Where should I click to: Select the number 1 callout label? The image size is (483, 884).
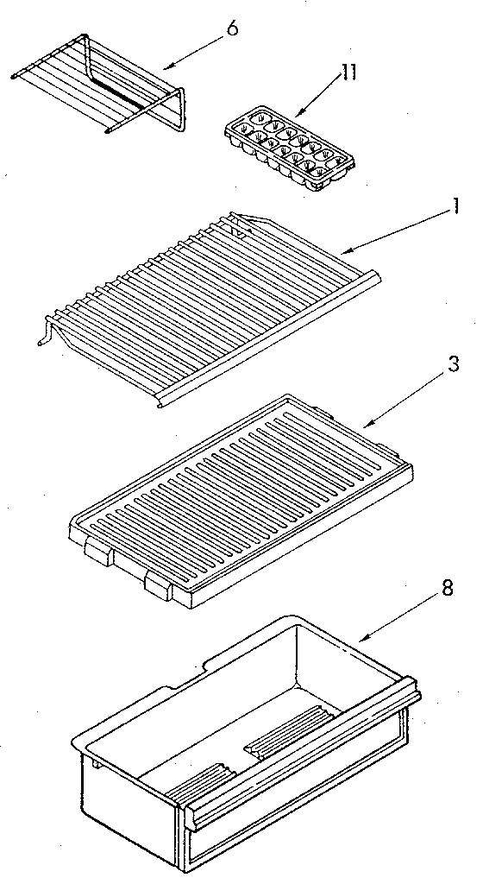[454, 207]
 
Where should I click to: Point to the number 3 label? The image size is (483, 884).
[454, 364]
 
